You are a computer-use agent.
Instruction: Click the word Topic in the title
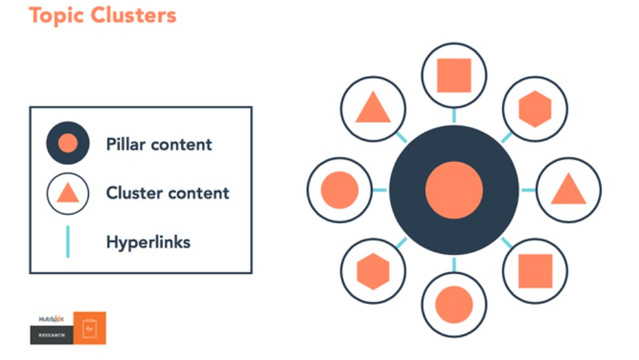coord(56,16)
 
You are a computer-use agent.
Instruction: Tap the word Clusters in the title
coord(134,15)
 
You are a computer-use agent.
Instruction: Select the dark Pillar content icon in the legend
coord(68,143)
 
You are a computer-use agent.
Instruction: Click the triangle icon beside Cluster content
coord(68,192)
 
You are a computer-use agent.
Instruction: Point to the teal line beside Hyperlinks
coord(68,242)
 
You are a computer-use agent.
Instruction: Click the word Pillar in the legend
coord(125,144)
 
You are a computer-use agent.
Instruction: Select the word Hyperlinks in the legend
coord(148,242)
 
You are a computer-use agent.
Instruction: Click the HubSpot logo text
coord(51,319)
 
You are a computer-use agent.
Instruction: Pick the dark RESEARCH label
coord(51,335)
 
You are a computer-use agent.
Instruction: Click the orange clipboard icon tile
coord(90,328)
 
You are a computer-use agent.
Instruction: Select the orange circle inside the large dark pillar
coord(454,190)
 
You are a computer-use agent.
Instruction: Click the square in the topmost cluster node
coord(454,75)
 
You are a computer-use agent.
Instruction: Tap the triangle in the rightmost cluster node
coord(569,189)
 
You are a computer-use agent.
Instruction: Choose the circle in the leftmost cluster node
coord(340,190)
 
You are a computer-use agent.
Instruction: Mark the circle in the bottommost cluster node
coord(454,305)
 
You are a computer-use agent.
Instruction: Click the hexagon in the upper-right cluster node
coord(535,109)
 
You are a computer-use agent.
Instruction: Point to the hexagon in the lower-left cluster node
coord(373,271)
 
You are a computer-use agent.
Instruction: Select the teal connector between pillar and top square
coord(454,116)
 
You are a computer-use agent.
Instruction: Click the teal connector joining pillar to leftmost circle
coord(380,190)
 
